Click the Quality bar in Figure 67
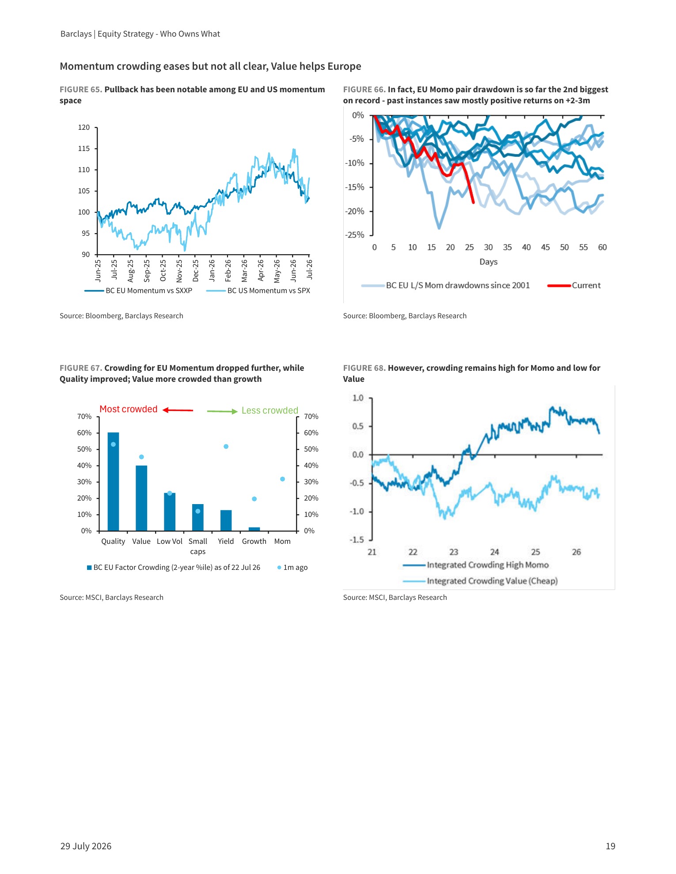pos(113,482)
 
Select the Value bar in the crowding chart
pos(141,498)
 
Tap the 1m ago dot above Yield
pos(226,447)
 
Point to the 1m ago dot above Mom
pos(282,479)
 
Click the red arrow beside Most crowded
pos(178,410)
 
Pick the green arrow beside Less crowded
pos(223,411)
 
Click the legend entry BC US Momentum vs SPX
pos(258,290)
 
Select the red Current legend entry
pos(574,286)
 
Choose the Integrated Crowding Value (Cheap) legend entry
pos(480,581)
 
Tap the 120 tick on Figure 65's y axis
pos(84,128)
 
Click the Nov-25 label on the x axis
pos(179,271)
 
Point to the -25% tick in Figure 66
pos(355,235)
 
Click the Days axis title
pos(489,262)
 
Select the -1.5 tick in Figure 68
pos(357,540)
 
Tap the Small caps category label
pos(198,546)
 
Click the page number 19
pos(611,846)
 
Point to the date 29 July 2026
pos(86,846)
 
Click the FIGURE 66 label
pos(364,90)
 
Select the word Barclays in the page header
pos(76,34)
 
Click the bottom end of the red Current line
pos(474,203)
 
